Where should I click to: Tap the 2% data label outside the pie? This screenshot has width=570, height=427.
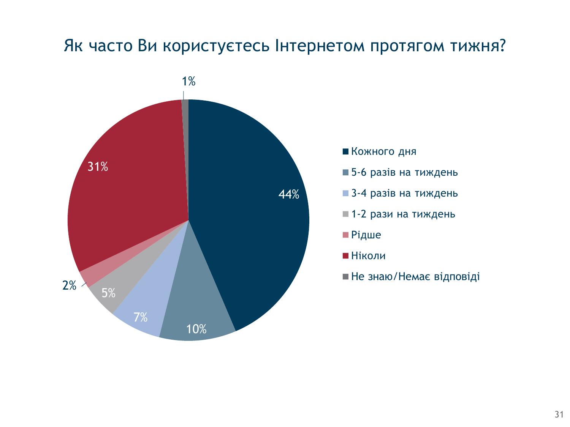pos(69,285)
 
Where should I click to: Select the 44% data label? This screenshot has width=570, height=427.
pos(289,194)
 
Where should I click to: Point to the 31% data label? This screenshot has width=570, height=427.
pos(98,167)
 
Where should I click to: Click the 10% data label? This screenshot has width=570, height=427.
pos(196,329)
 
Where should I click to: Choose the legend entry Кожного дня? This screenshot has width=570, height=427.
pos(379,151)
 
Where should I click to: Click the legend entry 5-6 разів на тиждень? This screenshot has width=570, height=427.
pos(400,172)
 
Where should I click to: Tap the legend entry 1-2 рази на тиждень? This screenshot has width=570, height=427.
pos(399,214)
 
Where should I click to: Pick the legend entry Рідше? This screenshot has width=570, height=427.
pos(362,235)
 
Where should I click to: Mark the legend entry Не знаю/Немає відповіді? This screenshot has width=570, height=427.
pos(411,277)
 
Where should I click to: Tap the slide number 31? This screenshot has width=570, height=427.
pos(559,414)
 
